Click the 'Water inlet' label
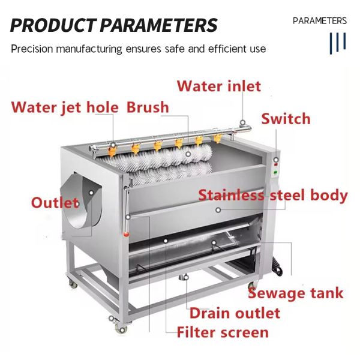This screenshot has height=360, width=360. click(x=219, y=86)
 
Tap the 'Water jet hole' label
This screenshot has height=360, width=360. click(x=65, y=108)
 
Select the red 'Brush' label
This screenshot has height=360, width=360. click(x=148, y=108)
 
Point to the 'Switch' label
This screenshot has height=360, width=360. click(x=286, y=119)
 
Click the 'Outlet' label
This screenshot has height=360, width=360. click(x=55, y=202)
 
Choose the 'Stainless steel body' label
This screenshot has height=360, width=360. click(x=273, y=196)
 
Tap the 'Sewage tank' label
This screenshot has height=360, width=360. click(x=296, y=293)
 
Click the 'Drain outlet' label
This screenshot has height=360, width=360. click(x=235, y=313)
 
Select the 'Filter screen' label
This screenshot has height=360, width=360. click(x=222, y=332)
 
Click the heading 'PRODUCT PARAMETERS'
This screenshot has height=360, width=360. click(x=114, y=26)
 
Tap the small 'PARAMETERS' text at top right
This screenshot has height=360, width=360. click(x=320, y=21)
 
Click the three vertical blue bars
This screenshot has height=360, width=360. click(x=338, y=43)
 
